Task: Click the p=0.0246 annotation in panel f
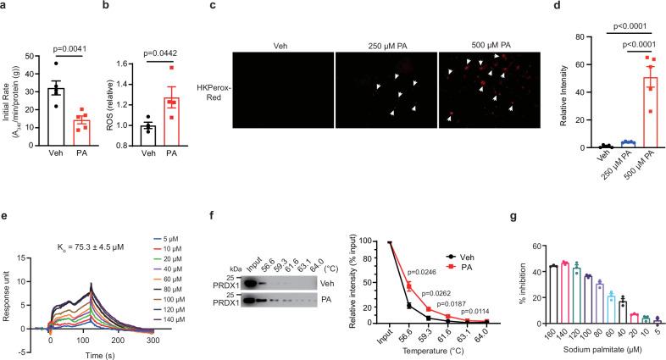click(425, 272)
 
